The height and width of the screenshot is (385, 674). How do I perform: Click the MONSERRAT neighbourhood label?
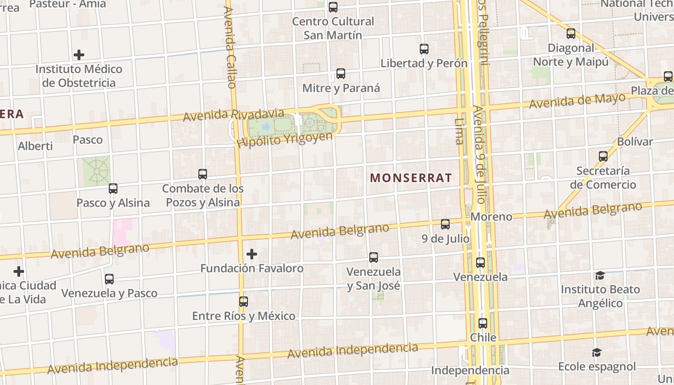(411, 178)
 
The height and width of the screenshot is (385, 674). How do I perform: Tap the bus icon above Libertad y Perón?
(424, 49)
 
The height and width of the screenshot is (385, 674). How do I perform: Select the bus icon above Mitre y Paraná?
(341, 74)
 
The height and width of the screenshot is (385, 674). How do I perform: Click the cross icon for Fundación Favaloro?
(252, 254)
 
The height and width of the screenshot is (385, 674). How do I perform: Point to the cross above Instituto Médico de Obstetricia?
(79, 55)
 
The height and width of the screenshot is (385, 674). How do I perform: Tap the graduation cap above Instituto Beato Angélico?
(600, 276)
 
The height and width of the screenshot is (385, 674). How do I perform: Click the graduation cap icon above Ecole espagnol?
(596, 353)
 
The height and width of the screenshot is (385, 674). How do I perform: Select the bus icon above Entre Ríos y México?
(244, 302)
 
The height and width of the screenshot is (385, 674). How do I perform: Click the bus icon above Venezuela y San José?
(374, 257)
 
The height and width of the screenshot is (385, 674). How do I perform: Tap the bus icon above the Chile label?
(483, 323)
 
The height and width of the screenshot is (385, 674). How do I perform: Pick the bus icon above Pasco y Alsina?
(113, 189)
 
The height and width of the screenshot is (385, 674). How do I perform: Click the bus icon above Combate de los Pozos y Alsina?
(203, 174)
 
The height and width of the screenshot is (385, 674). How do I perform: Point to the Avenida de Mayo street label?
(577, 101)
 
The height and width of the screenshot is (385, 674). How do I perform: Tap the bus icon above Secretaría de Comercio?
(603, 156)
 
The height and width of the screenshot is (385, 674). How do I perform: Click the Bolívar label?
(635, 142)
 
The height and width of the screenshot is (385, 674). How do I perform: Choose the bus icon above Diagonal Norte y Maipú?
(571, 34)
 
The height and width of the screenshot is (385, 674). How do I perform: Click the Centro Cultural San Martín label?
(333, 28)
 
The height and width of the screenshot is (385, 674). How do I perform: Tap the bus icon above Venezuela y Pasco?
(109, 279)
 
